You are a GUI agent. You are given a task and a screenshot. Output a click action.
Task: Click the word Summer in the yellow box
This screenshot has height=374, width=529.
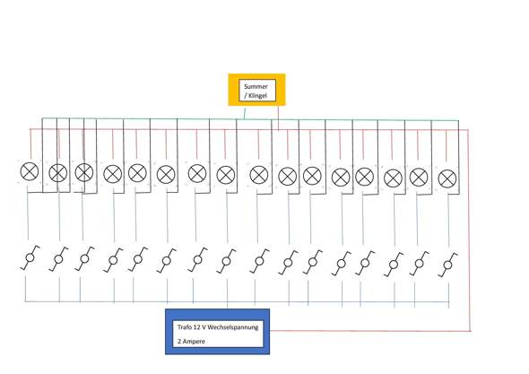[256, 86]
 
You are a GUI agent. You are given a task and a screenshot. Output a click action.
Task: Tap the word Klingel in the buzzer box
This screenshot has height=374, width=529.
[257, 96]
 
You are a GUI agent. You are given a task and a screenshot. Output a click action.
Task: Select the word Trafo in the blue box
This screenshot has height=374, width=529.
[184, 326]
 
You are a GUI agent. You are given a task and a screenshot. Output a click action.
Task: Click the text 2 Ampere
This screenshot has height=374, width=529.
[191, 341]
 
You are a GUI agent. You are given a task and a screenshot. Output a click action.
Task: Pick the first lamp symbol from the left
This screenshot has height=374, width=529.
[30, 171]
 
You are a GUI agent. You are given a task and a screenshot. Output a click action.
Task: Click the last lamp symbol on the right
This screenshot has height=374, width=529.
[447, 178]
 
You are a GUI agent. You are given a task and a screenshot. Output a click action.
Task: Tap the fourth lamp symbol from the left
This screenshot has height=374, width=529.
[113, 174]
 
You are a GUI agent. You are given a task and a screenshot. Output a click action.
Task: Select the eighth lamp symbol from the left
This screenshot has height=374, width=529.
[226, 175]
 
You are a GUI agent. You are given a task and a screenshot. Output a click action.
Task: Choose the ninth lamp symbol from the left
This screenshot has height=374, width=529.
[259, 175]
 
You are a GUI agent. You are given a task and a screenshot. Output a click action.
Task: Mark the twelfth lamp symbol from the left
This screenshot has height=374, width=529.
[341, 178]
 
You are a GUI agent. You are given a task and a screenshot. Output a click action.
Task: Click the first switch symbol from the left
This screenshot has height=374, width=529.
[30, 258]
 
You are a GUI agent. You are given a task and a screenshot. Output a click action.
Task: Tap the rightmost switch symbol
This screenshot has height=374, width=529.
[447, 265]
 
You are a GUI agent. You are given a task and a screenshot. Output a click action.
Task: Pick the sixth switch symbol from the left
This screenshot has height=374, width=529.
[167, 261]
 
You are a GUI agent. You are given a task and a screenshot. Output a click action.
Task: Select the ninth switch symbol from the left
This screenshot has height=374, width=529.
[259, 261]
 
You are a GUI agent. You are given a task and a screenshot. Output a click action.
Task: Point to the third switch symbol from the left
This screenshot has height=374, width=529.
[84, 258]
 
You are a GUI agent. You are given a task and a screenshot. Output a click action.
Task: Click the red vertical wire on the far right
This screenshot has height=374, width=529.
[469, 230]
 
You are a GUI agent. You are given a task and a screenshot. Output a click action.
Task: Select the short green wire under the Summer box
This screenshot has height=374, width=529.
[245, 113]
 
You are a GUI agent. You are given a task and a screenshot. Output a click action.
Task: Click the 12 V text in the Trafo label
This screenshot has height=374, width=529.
[198, 326]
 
